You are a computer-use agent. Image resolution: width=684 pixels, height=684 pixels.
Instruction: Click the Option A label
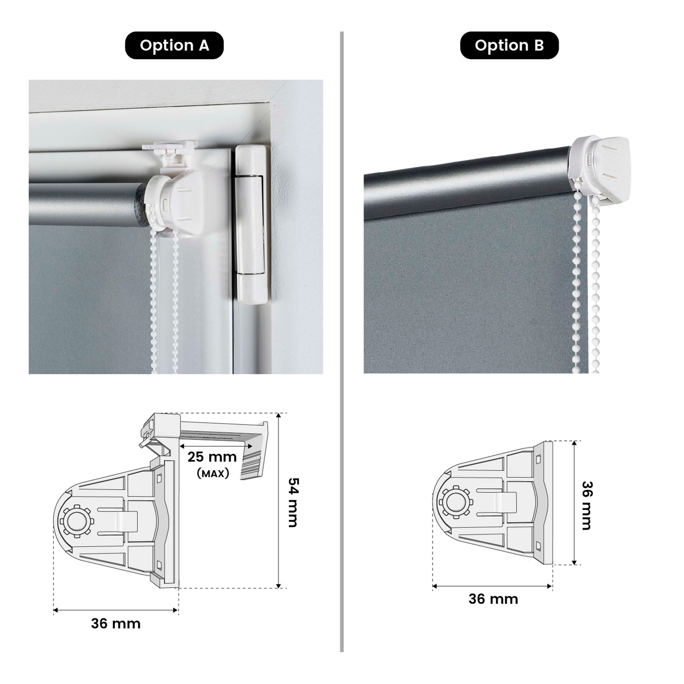point(174,45)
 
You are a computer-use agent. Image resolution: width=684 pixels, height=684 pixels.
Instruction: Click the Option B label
point(509,45)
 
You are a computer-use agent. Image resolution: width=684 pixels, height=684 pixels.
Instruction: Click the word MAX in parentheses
point(213,473)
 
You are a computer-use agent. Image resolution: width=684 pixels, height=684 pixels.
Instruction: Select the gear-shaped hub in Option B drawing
point(456,502)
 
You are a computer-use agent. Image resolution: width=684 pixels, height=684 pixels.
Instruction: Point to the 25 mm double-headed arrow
point(216,445)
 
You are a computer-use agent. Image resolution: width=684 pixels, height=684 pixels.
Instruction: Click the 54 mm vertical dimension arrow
point(279,503)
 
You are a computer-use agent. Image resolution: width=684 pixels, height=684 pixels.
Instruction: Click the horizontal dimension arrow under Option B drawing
point(492,586)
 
